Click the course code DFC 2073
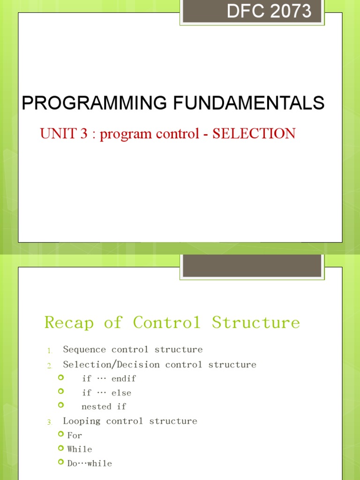coord(269,10)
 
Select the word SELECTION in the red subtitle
coord(254,134)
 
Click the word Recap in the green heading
coord(69,322)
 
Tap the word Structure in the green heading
coord(256,322)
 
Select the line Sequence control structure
coord(133,349)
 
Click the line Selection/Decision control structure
coord(159,364)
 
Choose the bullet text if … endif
coord(109,378)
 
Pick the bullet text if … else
coord(106,392)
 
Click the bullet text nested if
coord(104,406)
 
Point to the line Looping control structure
coord(130,421)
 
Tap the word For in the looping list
coord(75,435)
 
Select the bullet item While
coord(80,449)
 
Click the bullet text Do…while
coord(90,463)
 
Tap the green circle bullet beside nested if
coord(60,405)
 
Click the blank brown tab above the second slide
coord(252,265)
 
